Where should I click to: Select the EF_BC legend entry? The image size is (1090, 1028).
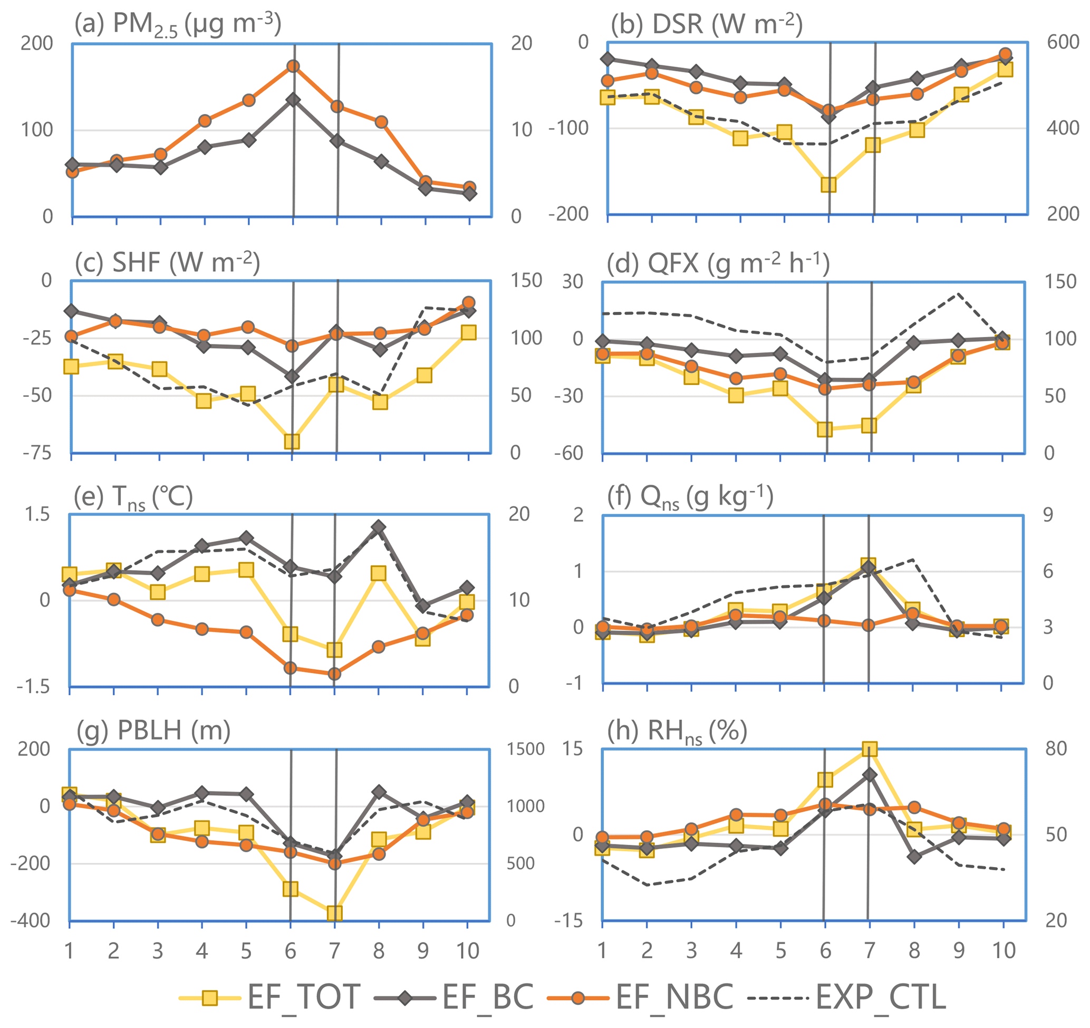(454, 996)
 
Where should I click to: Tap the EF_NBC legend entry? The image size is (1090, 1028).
(640, 996)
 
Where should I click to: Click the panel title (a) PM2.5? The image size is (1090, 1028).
(178, 25)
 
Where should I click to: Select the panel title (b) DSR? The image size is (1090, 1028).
(707, 25)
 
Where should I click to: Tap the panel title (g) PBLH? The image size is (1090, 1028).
(153, 731)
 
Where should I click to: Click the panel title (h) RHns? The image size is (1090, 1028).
(677, 731)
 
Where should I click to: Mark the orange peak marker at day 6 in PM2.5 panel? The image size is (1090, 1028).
(293, 66)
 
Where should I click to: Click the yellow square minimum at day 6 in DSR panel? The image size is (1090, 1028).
(828, 185)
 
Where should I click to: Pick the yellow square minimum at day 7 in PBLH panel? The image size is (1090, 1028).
(334, 913)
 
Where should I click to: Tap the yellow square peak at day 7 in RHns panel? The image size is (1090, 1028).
(870, 749)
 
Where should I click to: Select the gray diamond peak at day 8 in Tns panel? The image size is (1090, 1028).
(379, 527)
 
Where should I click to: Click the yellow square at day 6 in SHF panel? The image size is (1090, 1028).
(292, 441)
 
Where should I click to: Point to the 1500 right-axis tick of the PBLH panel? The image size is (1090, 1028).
(525, 750)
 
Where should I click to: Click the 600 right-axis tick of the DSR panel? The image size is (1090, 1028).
(1063, 42)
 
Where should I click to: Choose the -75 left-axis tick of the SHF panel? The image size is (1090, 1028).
(37, 454)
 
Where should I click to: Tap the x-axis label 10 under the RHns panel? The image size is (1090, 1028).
(1004, 950)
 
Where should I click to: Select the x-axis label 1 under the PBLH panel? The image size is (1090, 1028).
(69, 950)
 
